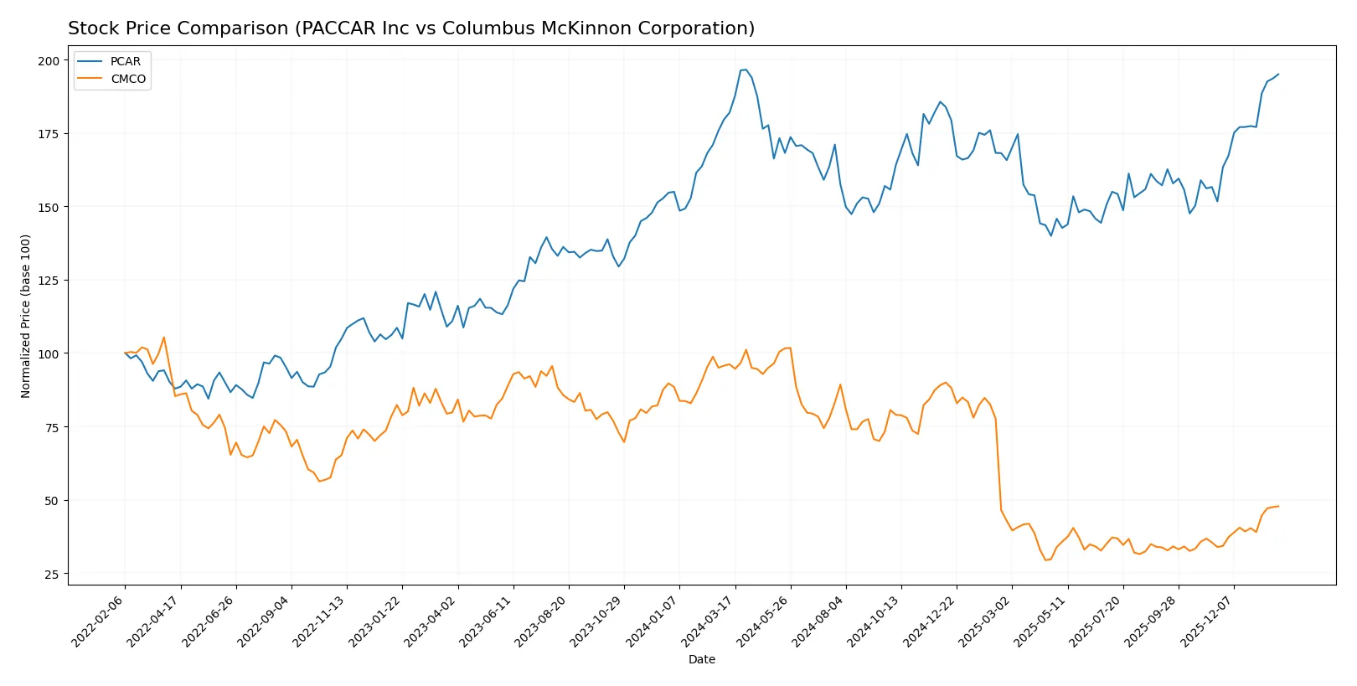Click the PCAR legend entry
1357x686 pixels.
(125, 61)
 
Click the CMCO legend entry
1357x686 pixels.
(127, 79)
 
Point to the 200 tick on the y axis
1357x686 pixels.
(49, 60)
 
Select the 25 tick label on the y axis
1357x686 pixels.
(52, 574)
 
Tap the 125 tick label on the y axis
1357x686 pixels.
(49, 281)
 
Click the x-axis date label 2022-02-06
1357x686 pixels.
(99, 622)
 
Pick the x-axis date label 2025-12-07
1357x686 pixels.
(1208, 622)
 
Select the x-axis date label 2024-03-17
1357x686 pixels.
(709, 622)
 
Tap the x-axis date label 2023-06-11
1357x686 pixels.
(487, 622)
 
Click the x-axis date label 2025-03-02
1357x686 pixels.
(986, 622)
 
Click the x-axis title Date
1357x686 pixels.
(701, 659)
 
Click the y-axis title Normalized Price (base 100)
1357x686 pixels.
(25, 316)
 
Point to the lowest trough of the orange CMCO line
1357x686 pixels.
(1045, 560)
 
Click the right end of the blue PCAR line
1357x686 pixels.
(1278, 74)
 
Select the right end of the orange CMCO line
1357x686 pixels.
(1278, 506)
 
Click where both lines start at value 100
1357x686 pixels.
(125, 353)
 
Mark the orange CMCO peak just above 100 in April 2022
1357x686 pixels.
(163, 338)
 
